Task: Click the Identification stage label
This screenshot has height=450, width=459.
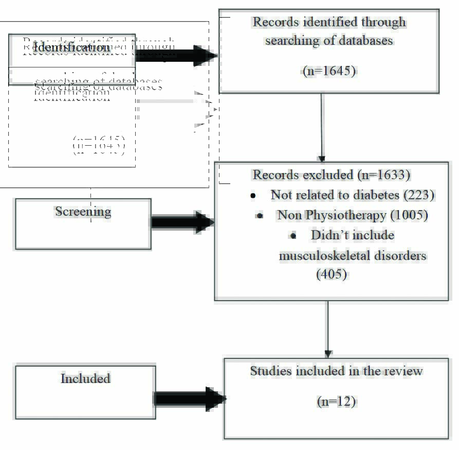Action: point(71,48)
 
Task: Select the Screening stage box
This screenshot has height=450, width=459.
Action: point(83,223)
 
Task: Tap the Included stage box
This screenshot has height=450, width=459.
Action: point(85,392)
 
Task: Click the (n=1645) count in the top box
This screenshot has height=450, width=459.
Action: point(329,71)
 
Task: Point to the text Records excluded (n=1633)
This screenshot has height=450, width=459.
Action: point(331,175)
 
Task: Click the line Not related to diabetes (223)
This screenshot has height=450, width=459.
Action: point(353,195)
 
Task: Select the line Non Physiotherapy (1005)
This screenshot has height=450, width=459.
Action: point(353,215)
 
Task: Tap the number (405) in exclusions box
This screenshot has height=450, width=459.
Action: point(332,274)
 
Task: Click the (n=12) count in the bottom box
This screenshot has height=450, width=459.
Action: point(336,402)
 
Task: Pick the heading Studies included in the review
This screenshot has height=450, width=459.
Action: point(336,371)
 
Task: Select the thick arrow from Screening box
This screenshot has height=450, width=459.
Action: point(182,222)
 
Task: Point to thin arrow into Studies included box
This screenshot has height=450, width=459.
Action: point(327,329)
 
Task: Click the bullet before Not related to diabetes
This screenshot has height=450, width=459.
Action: point(253,196)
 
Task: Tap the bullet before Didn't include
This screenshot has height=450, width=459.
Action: point(293,236)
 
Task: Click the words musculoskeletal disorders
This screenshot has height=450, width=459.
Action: point(353,255)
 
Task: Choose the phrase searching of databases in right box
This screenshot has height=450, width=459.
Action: point(329,40)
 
